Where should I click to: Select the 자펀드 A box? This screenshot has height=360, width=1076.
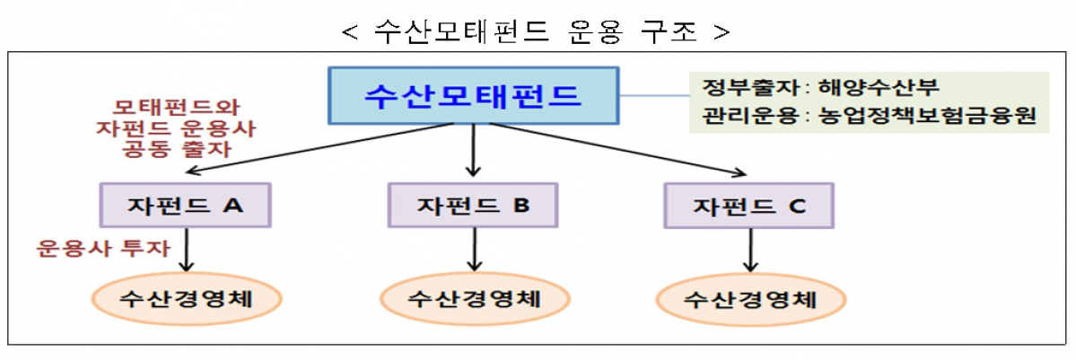(187, 205)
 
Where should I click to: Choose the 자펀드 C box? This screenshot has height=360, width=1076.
(749, 206)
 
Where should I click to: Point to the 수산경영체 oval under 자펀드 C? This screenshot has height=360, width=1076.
(750, 298)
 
